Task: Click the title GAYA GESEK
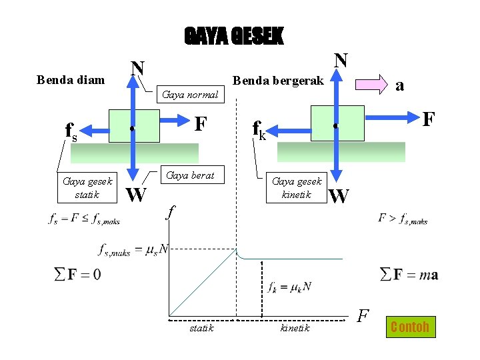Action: [x=233, y=36]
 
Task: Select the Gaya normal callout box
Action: [x=190, y=95]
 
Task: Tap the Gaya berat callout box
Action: [x=190, y=175]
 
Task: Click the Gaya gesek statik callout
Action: [x=87, y=187]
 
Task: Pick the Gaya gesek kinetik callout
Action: [x=297, y=187]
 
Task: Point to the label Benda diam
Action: [x=71, y=80]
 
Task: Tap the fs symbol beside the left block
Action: [x=71, y=132]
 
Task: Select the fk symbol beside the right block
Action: [x=259, y=129]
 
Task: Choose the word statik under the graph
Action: [x=201, y=328]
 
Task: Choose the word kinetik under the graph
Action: [x=295, y=328]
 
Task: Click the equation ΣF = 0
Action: [x=77, y=274]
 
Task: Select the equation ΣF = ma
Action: [x=409, y=274]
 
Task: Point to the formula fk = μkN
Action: [x=289, y=287]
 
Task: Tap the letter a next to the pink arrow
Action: [x=399, y=85]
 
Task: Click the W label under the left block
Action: [x=136, y=195]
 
